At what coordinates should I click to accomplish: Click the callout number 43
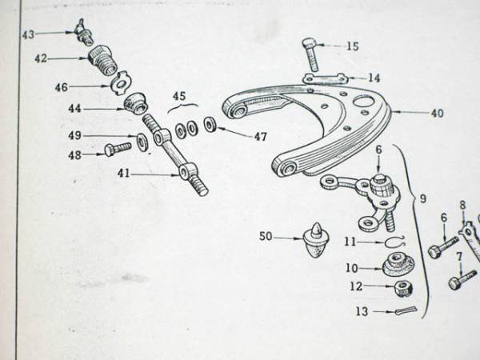tap(28, 34)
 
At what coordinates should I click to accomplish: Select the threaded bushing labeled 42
tap(103, 61)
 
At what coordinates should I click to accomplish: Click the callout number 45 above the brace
tap(179, 96)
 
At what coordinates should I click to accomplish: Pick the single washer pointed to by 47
tap(210, 124)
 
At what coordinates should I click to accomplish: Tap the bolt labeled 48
tap(118, 149)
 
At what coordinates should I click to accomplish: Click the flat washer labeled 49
tap(142, 142)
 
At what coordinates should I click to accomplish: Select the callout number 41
tap(123, 174)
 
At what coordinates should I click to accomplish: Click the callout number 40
tap(437, 114)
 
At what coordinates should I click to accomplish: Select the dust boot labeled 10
tap(398, 265)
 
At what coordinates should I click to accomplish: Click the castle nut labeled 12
tap(402, 288)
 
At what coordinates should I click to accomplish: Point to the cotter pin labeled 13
tap(406, 310)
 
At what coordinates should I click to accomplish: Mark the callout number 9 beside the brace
tap(422, 199)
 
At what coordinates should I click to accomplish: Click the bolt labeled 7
tap(463, 279)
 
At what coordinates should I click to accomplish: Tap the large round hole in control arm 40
tap(363, 101)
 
